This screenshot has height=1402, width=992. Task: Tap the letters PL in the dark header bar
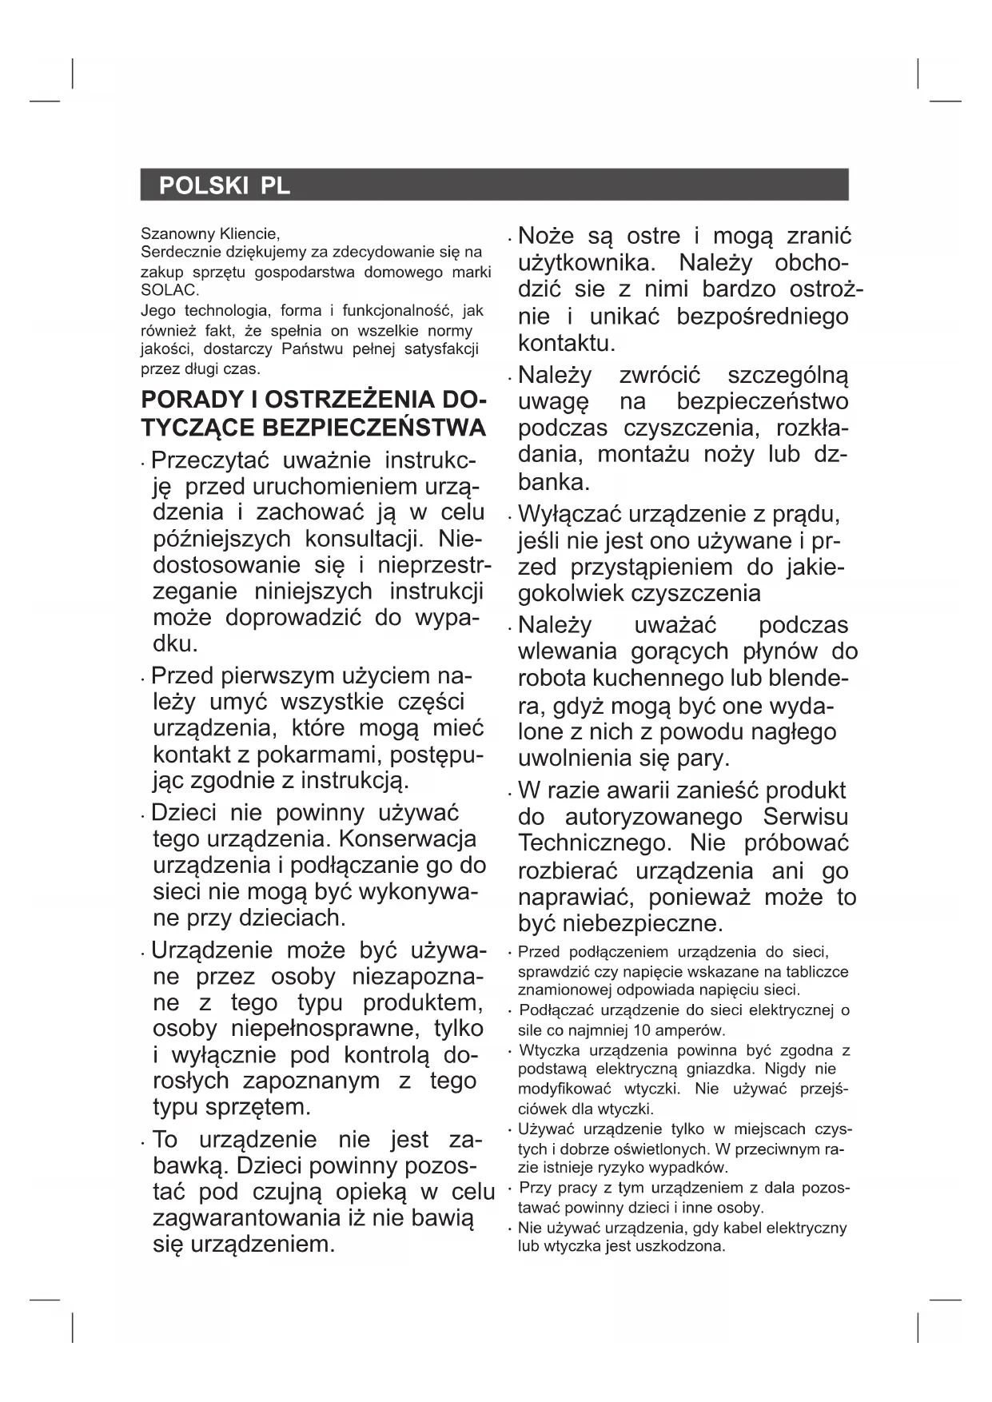coord(274,185)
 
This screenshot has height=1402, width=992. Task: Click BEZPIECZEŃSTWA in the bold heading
coord(373,428)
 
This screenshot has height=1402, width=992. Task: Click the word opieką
coord(371,1192)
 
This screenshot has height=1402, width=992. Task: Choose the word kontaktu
coord(567,344)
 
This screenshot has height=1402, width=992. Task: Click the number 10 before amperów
coord(641,1030)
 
